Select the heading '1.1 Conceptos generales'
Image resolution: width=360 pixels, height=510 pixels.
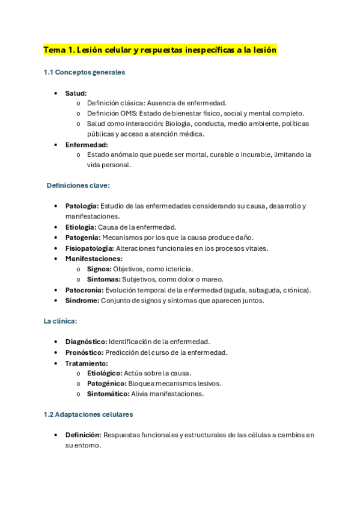tap(84, 73)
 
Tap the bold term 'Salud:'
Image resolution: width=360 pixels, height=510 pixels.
tap(76, 93)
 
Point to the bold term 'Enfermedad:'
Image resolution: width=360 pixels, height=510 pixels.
tap(87, 144)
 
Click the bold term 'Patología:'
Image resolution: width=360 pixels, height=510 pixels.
tap(82, 206)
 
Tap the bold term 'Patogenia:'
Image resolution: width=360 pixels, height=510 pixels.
tap(83, 238)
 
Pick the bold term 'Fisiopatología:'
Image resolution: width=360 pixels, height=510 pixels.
tap(89, 248)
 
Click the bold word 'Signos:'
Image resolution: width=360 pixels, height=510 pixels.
tap(99, 269)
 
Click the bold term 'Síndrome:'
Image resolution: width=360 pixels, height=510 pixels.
tap(82, 300)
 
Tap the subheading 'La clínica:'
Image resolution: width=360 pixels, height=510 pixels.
tap(60, 321)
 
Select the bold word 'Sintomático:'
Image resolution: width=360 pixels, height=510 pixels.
tap(108, 394)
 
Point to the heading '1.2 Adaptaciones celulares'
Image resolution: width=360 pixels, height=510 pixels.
tap(88, 414)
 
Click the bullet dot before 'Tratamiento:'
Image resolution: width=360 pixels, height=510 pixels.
tap(56, 363)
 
